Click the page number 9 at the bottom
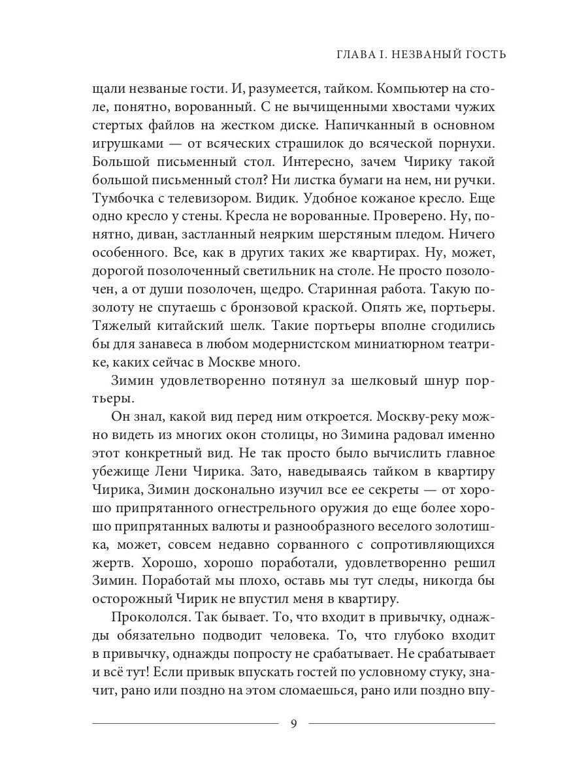click(x=293, y=723)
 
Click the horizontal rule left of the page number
click(x=186, y=723)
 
